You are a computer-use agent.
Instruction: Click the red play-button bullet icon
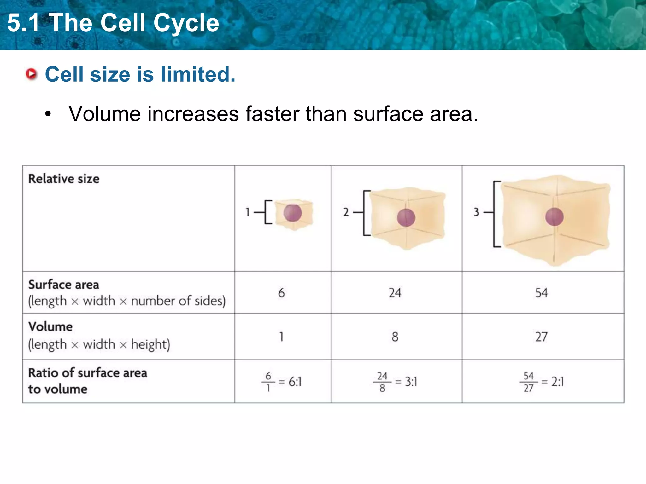pos(32,74)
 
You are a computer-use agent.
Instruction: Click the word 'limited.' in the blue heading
pos(198,74)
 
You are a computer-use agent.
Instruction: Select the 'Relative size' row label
pos(64,179)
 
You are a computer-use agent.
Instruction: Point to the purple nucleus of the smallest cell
pos(292,213)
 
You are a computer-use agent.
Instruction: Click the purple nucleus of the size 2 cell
pos(406,218)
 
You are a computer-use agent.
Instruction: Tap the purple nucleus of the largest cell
pos(554,217)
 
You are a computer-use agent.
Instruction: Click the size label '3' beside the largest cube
pos(476,212)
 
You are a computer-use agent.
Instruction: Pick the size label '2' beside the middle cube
pos(346,212)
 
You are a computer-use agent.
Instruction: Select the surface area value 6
pos(281,293)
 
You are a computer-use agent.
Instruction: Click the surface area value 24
pos(395,293)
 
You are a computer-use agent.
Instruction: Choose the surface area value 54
pos(541,293)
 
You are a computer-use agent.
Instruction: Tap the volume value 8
pos(395,337)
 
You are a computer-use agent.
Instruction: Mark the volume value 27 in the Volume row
pos(541,337)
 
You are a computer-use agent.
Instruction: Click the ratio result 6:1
pos(295,382)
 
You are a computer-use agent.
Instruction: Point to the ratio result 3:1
pos(411,382)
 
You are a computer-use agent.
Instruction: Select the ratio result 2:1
pos(558,382)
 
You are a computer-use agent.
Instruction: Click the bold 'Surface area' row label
pos(64,285)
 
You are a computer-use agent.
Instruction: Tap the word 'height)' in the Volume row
pos(150,344)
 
